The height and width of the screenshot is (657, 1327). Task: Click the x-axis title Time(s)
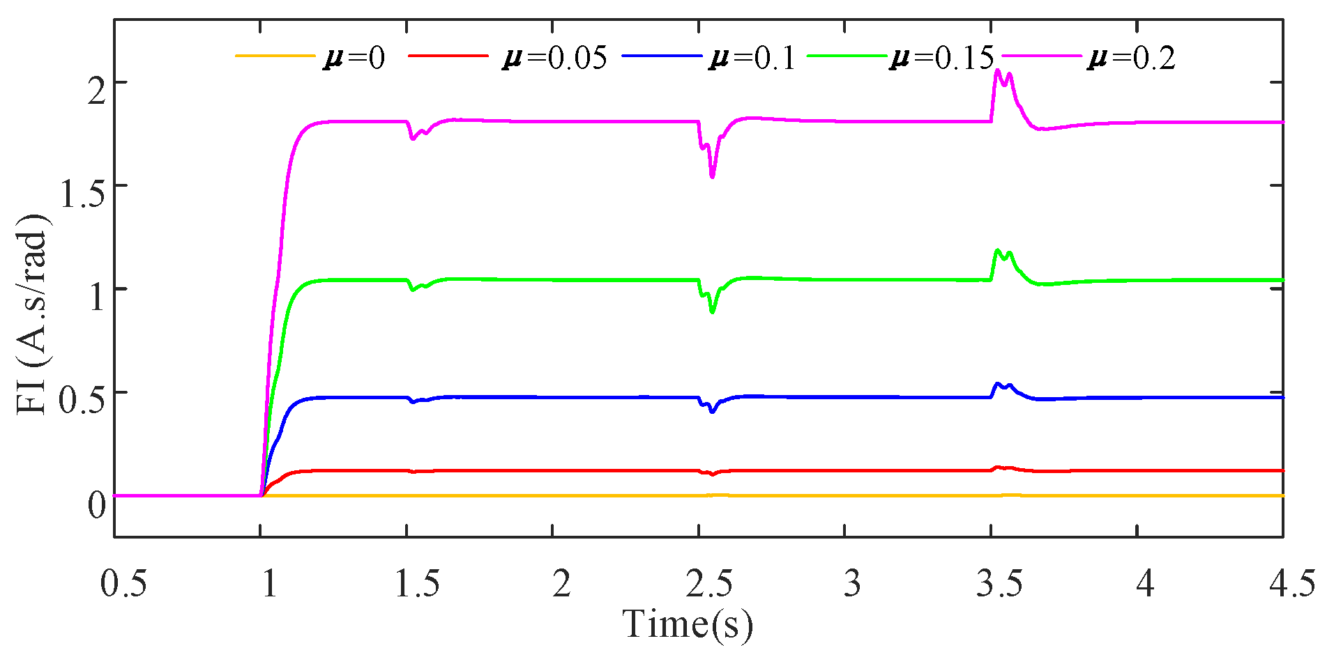(688, 624)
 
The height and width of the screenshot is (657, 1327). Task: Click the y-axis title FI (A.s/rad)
(32, 314)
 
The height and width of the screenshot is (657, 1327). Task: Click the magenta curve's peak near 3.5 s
(998, 70)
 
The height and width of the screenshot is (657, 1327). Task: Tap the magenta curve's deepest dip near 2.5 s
(712, 177)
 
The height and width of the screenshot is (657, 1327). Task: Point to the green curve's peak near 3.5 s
(998, 250)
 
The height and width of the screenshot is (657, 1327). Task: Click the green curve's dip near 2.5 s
(712, 312)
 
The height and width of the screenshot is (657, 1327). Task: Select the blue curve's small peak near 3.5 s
(998, 383)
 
